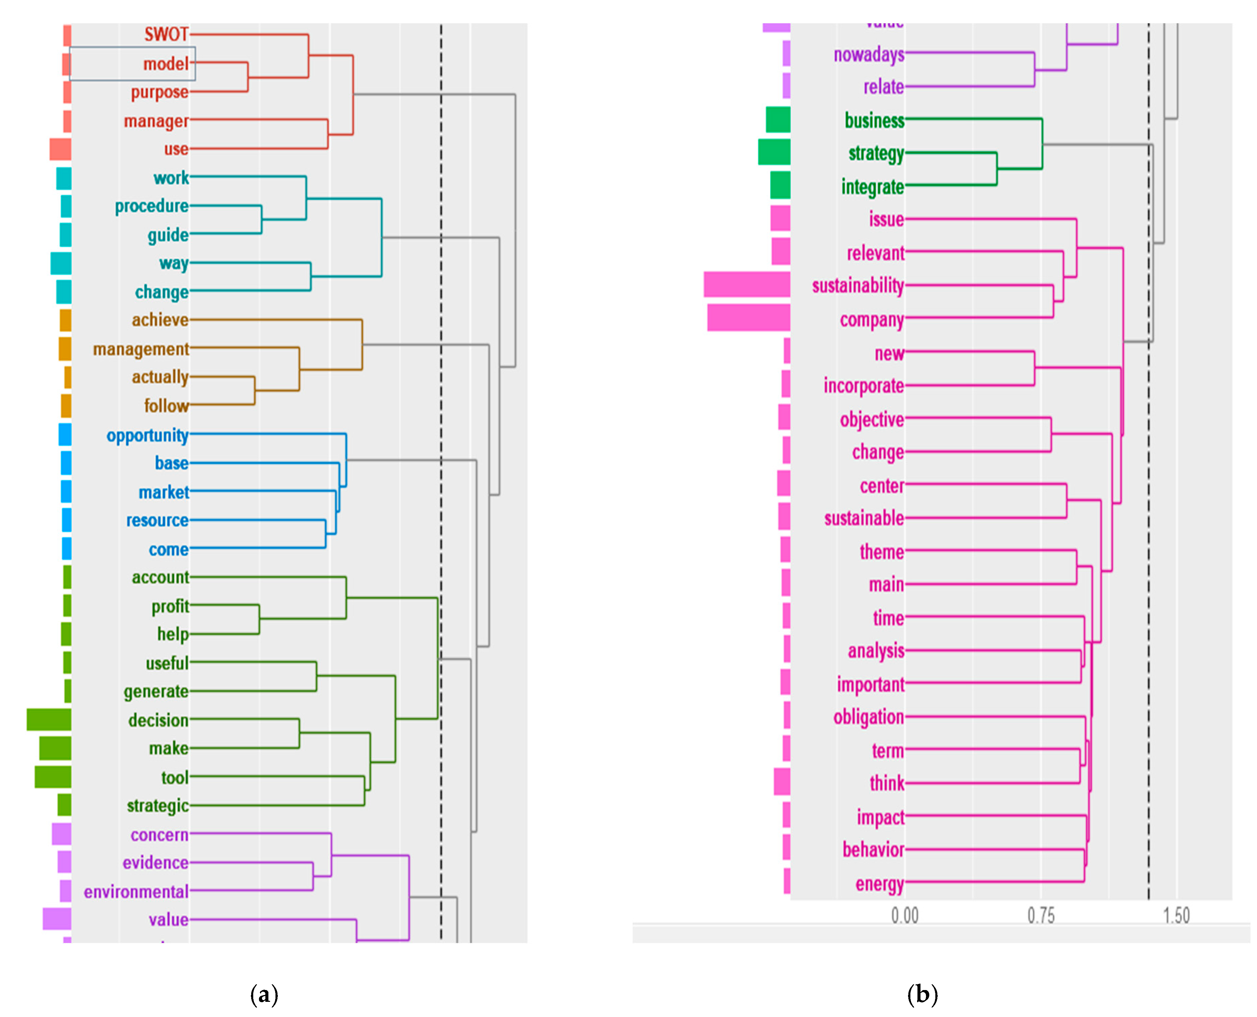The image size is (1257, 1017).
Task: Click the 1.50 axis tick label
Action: pyautogui.click(x=1176, y=916)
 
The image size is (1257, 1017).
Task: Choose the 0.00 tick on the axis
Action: pyautogui.click(x=905, y=916)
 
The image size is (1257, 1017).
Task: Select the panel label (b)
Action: pyautogui.click(x=923, y=994)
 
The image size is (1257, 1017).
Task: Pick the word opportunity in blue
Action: pyautogui.click(x=148, y=435)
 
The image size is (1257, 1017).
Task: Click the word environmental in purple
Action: pyautogui.click(x=136, y=892)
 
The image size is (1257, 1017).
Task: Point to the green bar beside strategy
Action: pyautogui.click(x=773, y=152)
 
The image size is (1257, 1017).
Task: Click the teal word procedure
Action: pyautogui.click(x=152, y=206)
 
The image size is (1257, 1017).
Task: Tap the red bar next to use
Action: pyautogui.click(x=60, y=149)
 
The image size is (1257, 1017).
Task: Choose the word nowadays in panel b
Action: pyautogui.click(x=869, y=55)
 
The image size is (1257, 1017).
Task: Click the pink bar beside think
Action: pyautogui.click(x=782, y=782)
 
